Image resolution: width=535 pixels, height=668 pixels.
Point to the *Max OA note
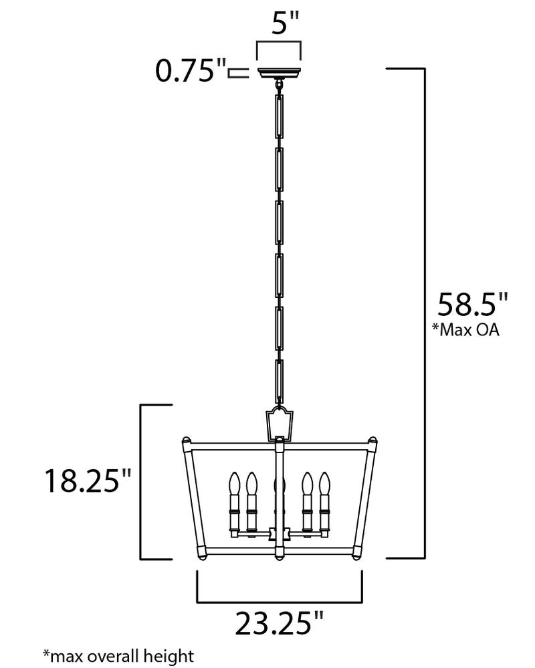tap(466, 331)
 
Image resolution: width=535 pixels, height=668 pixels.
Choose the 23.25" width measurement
tap(279, 624)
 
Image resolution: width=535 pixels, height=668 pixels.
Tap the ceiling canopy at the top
tap(279, 72)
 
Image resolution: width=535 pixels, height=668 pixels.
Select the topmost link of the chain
tap(279, 118)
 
